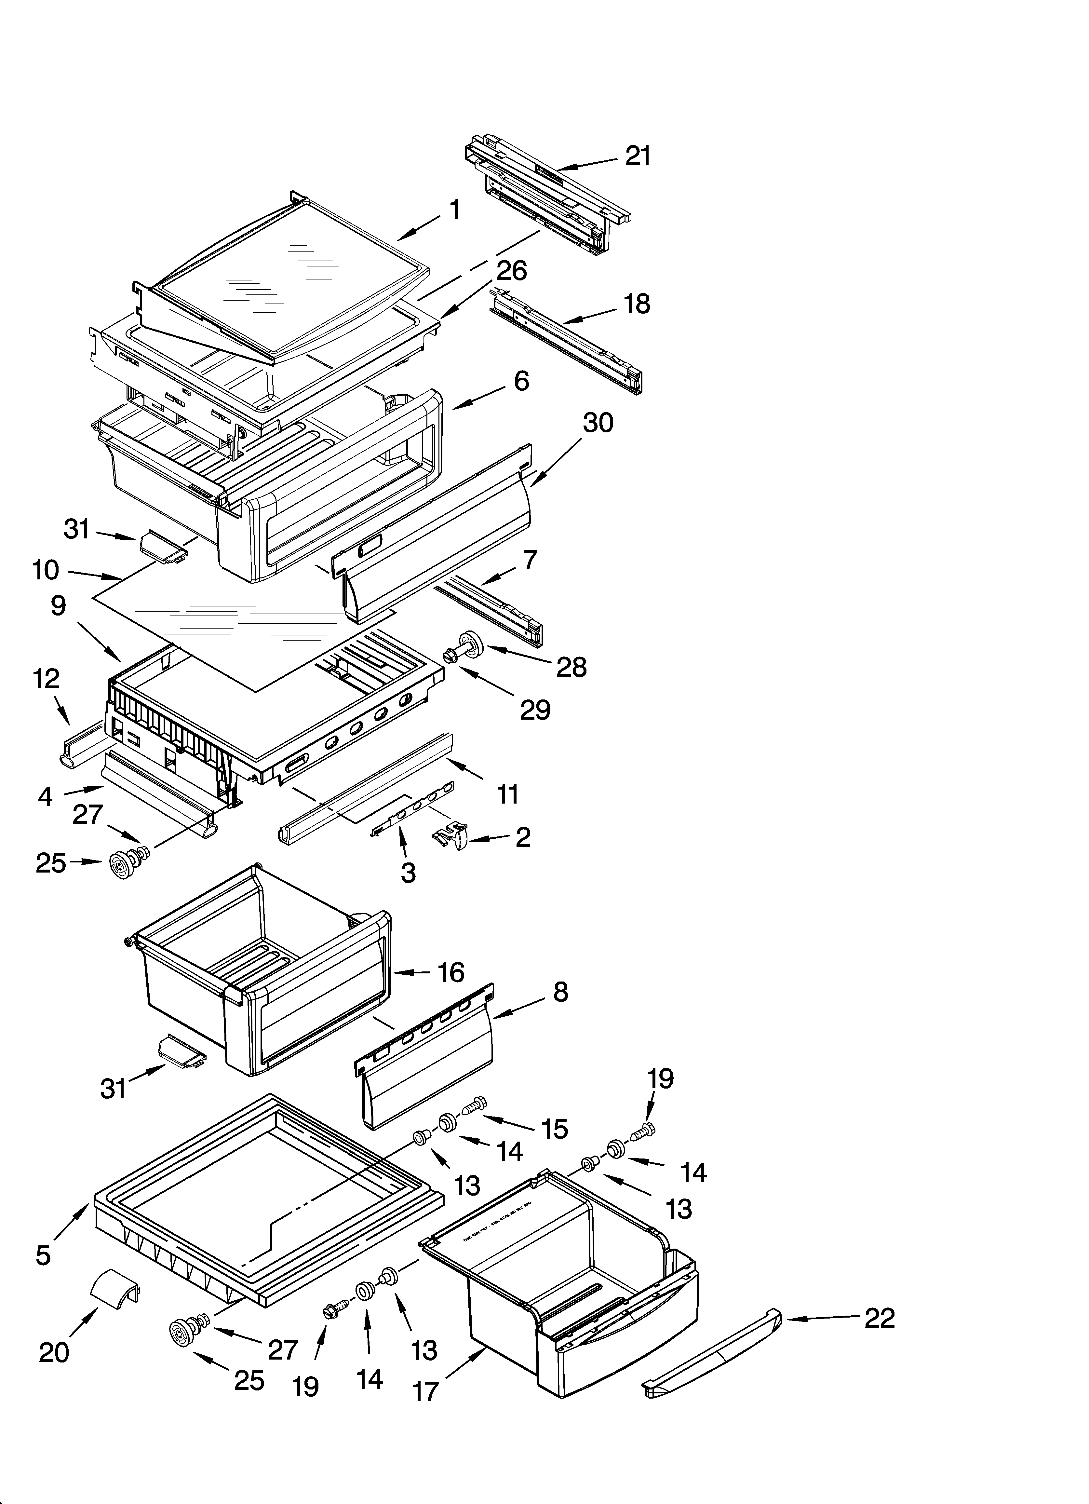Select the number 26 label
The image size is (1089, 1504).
coord(511,271)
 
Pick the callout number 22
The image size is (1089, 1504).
coord(880,1318)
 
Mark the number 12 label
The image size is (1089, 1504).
coord(47,678)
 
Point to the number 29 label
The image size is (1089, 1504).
coord(534,710)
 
